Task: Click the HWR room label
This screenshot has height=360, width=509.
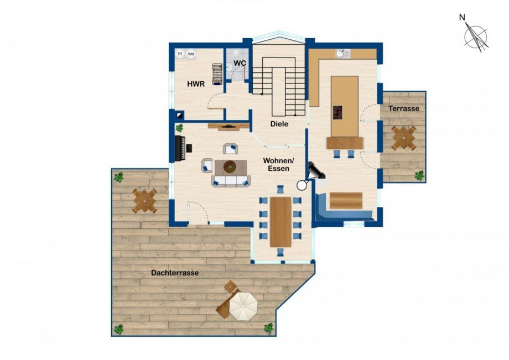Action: [196, 84]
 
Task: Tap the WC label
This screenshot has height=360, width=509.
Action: [240, 63]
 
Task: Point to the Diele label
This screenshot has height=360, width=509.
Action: [279, 124]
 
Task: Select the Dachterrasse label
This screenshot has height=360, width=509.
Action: [175, 273]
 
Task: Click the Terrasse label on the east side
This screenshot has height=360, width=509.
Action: [404, 108]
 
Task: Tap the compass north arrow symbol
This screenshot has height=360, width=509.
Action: [476, 36]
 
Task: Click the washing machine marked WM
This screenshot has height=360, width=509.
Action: [191, 54]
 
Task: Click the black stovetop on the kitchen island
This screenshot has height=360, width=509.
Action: [337, 113]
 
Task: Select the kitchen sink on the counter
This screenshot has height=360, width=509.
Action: [342, 54]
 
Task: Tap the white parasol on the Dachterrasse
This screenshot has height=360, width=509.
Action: [243, 306]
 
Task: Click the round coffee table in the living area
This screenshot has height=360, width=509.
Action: [230, 167]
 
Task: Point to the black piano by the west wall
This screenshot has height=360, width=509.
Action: [181, 148]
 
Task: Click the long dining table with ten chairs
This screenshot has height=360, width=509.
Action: [281, 222]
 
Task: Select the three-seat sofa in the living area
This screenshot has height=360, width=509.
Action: [231, 181]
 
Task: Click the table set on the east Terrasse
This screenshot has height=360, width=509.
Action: [403, 138]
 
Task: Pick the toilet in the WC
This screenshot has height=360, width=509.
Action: [229, 66]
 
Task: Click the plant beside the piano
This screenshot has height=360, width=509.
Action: [179, 128]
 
